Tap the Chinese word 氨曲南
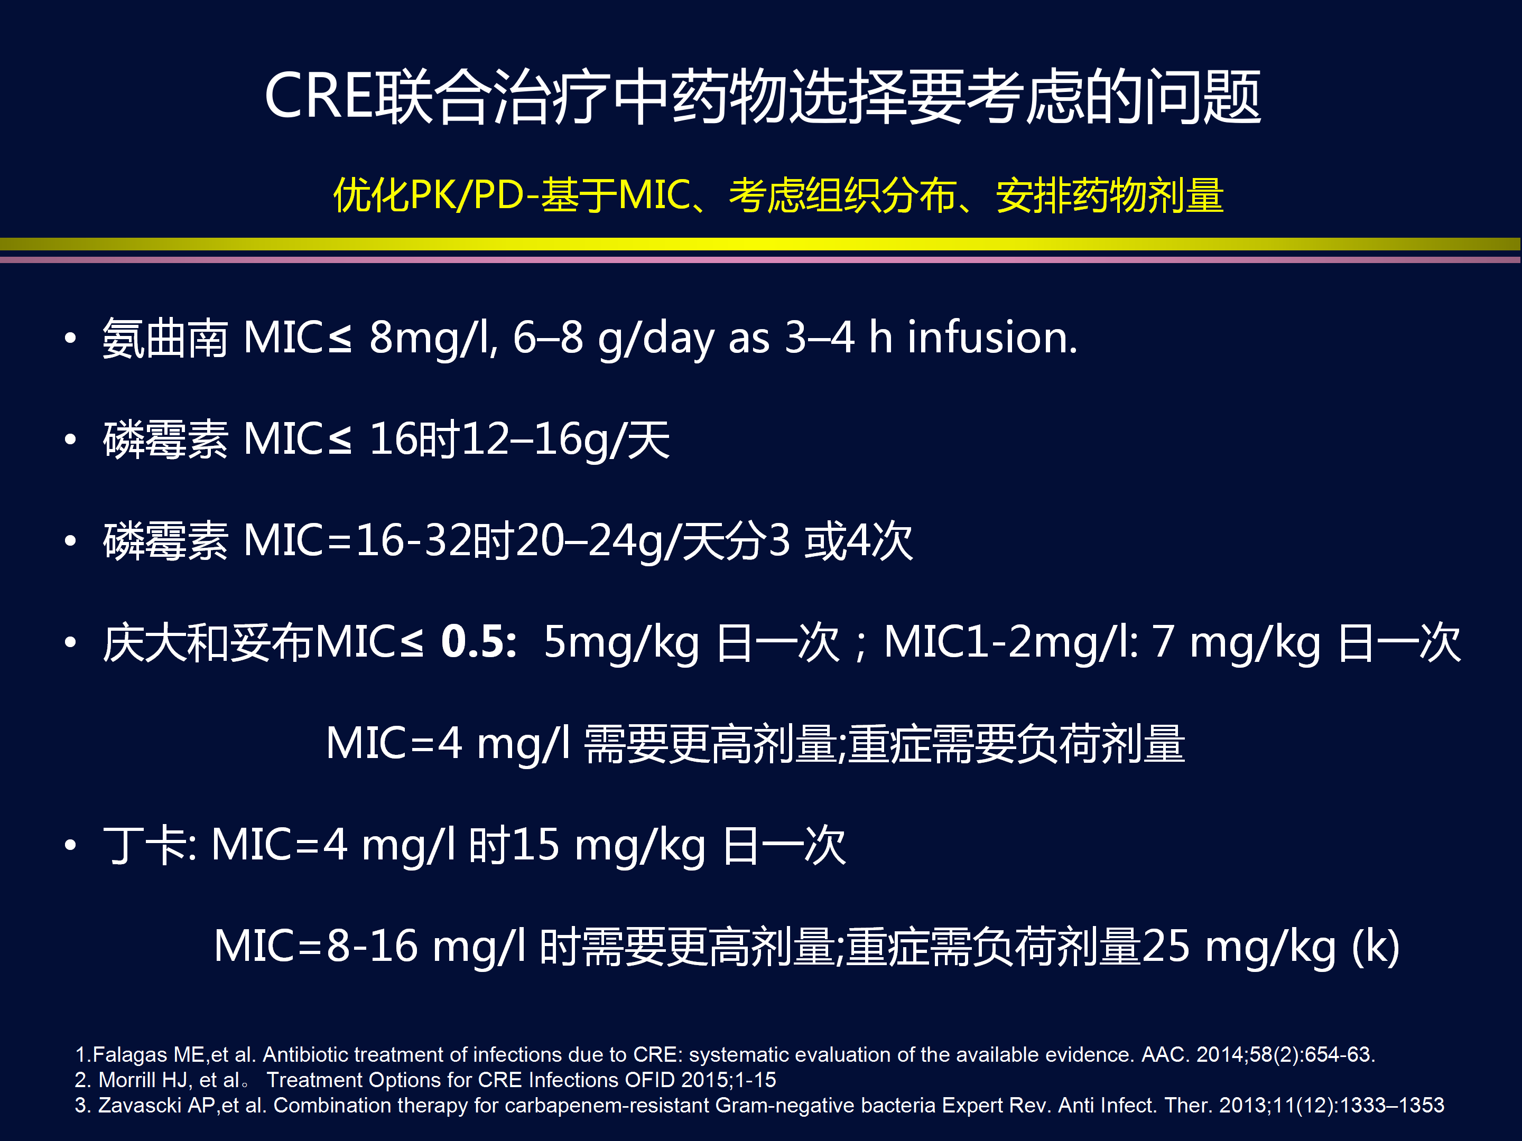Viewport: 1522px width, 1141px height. tap(165, 339)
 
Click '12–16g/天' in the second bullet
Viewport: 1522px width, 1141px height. tap(565, 440)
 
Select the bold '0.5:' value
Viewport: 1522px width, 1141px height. tap(479, 642)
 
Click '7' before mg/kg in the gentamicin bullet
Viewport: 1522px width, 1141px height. tap(1163, 642)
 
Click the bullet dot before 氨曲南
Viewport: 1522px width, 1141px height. tap(70, 338)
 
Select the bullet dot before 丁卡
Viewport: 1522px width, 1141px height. tap(70, 845)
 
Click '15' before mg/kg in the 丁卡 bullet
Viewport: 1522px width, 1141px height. tap(535, 845)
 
